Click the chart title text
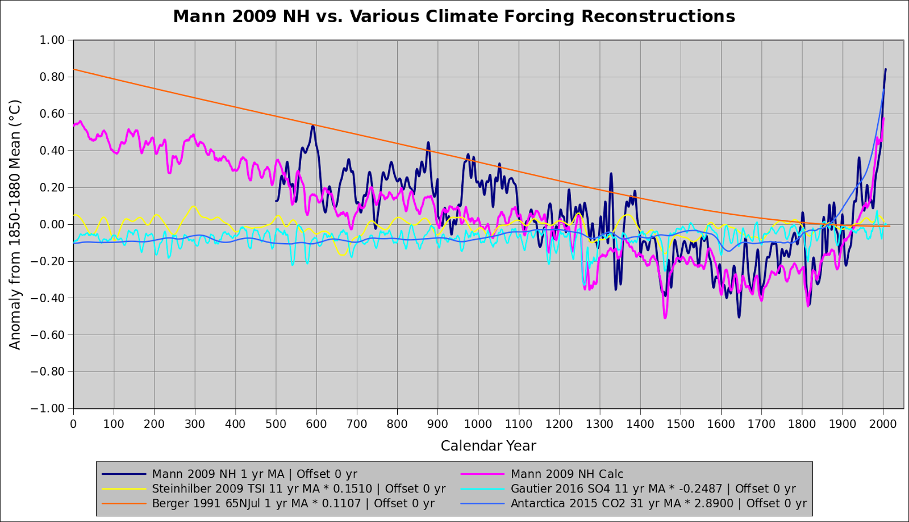(453, 16)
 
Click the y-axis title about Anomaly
(15, 224)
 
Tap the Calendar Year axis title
(488, 446)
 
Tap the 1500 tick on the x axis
(681, 424)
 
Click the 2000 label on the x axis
(883, 424)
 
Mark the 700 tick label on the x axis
(357, 424)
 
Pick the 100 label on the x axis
(114, 424)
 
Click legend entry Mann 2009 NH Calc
(566, 474)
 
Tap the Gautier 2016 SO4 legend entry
(653, 488)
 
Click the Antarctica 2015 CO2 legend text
(658, 503)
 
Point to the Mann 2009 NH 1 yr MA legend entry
(254, 474)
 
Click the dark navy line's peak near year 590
(312, 126)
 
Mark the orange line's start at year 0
(74, 69)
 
